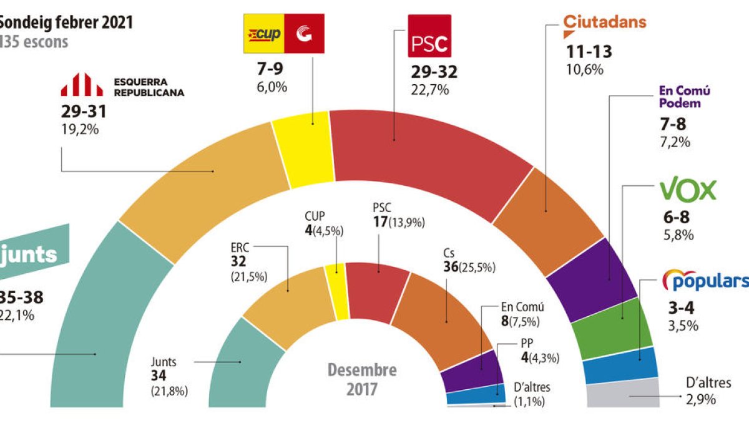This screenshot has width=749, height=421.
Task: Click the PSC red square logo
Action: [428, 36]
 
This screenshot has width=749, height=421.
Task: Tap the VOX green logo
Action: [688, 191]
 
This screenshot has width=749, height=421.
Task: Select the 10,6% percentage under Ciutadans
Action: [584, 69]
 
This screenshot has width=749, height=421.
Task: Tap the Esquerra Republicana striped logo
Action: [81, 85]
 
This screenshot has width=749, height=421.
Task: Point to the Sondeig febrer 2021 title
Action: [66, 23]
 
